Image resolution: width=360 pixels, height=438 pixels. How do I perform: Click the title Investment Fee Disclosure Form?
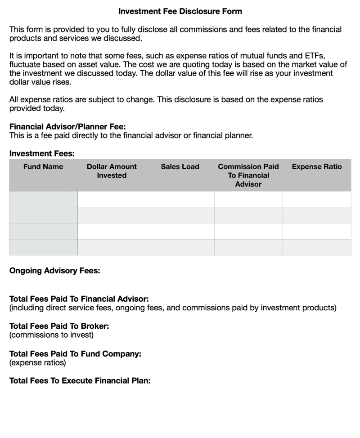coord(180,11)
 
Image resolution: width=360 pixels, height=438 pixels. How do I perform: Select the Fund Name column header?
coord(43,167)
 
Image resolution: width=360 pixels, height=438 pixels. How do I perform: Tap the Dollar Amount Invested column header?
coord(112,171)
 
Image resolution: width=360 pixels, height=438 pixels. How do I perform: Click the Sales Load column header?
coord(180,167)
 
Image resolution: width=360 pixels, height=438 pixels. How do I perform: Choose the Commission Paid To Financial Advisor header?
coord(248,175)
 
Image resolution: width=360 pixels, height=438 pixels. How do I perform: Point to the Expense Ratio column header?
coord(317,167)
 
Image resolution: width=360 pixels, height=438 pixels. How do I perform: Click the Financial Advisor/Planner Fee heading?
coord(67,127)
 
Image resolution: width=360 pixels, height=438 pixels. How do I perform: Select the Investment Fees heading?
coord(42,154)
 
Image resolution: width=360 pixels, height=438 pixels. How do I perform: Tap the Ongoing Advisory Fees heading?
coord(55,271)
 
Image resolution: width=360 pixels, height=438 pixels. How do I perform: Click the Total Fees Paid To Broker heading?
coord(59,326)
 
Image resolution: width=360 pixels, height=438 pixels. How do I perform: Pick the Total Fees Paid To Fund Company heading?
coord(75,354)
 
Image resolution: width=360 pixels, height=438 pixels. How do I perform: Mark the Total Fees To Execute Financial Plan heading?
coord(80,381)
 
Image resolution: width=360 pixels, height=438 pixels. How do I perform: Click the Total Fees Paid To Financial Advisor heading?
coord(79,299)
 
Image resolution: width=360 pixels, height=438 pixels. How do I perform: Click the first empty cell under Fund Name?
coord(43,199)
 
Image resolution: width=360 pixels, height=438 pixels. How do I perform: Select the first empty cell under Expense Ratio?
coord(317,199)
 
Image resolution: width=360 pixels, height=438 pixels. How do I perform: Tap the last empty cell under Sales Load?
coord(180,247)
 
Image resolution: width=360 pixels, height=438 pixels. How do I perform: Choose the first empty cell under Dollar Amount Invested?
coord(112,199)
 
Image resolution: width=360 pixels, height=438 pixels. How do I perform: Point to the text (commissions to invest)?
coord(51,335)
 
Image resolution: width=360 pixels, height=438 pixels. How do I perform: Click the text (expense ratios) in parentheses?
coord(37,362)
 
